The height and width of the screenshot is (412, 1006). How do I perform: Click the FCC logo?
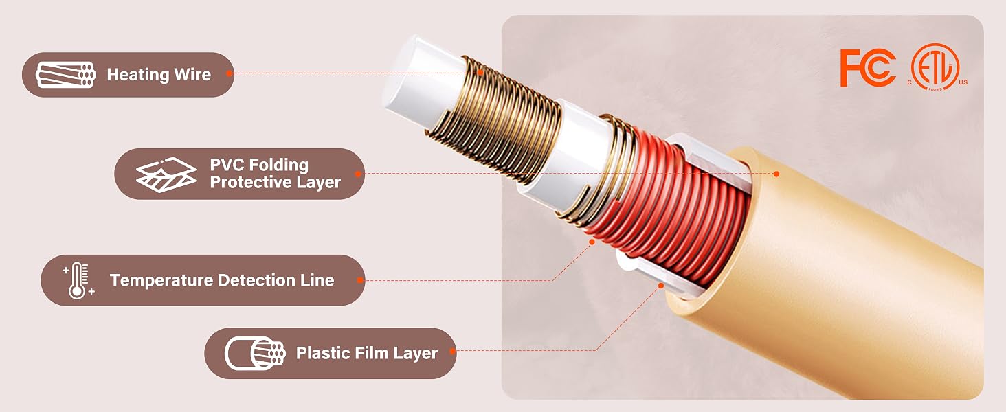(867, 68)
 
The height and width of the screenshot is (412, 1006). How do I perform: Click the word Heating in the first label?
(137, 75)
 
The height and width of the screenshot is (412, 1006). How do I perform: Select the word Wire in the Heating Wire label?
(192, 74)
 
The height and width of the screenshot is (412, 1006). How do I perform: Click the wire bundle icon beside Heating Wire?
(65, 74)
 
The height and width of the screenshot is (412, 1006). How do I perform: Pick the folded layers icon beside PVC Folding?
(166, 174)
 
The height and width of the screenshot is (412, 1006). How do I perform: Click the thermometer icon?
(78, 280)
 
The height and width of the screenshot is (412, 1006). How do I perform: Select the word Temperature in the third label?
(161, 280)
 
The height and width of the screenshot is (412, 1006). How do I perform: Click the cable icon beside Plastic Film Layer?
(255, 353)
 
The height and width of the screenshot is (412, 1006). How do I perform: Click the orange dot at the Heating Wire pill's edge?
(230, 73)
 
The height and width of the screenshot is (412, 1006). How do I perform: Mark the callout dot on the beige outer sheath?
(776, 174)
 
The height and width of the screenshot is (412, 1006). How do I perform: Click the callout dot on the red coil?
(592, 242)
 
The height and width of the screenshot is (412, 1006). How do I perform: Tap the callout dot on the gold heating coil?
(480, 72)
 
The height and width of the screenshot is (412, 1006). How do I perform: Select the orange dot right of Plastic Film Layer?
(452, 351)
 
